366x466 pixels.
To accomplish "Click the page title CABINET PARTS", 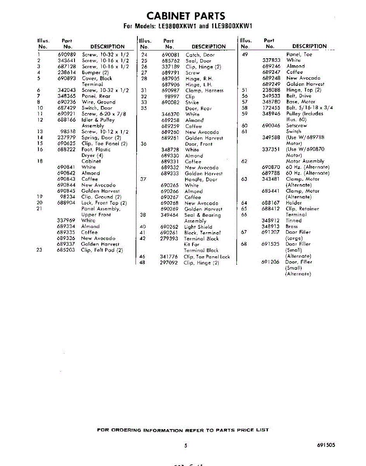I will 186,16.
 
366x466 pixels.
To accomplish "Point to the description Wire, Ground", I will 98,102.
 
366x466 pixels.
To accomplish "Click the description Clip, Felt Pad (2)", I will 102,250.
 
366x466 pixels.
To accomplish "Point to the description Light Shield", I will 198,227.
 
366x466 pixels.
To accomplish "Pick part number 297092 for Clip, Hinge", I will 169,263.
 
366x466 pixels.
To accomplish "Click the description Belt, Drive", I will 299,96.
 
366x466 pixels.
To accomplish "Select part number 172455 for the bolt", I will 271,108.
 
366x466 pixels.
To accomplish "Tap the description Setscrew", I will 297,126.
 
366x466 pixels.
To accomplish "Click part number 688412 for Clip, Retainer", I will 271,209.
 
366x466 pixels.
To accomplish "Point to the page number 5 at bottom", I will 186,446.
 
